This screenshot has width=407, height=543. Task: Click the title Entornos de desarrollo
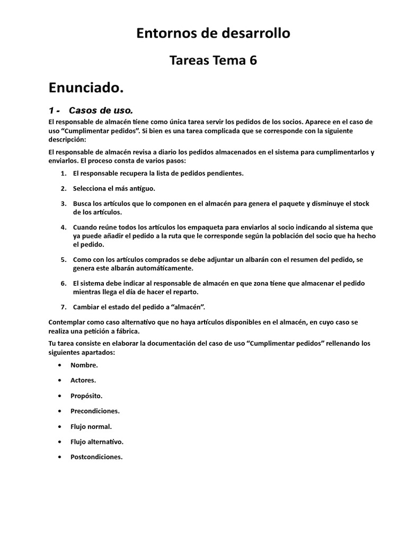tap(213, 33)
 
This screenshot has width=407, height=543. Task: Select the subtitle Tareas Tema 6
tap(213, 60)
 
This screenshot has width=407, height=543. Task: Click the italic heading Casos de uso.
tap(100, 110)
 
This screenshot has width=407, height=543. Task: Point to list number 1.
tap(63, 173)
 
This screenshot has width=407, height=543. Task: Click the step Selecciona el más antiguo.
tap(114, 188)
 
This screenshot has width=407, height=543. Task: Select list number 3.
tap(63, 204)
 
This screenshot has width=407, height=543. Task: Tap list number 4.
tap(63, 226)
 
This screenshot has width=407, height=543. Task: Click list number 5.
tap(63, 259)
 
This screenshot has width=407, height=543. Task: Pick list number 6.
tap(63, 283)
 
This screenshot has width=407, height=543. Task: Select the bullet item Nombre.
tap(84, 365)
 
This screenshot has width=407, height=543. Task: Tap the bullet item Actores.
tap(83, 380)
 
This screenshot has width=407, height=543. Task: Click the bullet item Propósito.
tap(86, 396)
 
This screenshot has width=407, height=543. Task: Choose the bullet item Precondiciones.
tap(95, 411)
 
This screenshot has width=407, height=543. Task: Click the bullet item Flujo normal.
tap(91, 426)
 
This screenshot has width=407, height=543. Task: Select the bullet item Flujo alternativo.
tap(97, 442)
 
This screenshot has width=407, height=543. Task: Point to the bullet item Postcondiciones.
tap(96, 457)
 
